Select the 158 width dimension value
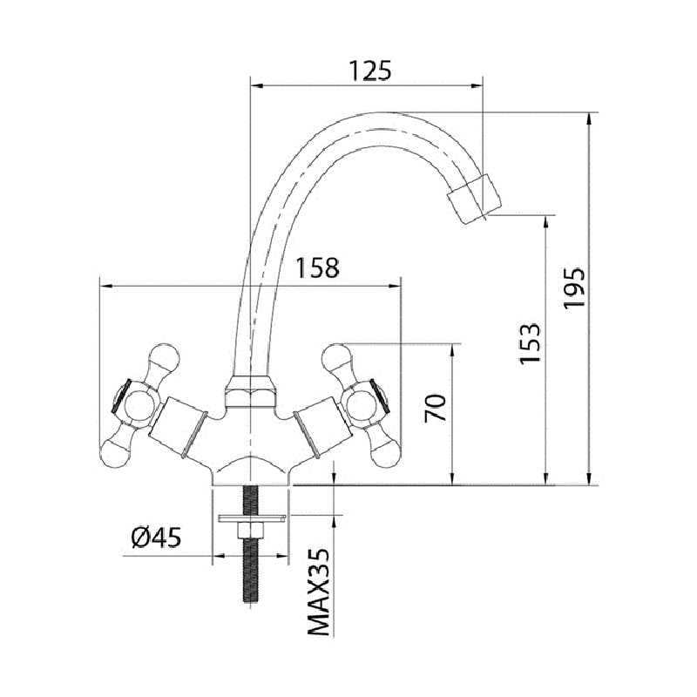coord(317,268)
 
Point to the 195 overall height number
coord(574,288)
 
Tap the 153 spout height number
coord(531,342)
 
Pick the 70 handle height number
coord(435,408)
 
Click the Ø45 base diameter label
coord(157,538)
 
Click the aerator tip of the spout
coord(474,199)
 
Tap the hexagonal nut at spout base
coord(251,391)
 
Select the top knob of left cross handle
coord(165,358)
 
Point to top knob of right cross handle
coord(336,358)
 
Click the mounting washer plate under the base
coord(251,518)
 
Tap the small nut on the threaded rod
coord(251,530)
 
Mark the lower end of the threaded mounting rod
coord(251,601)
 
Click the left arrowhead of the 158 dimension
coord(105,287)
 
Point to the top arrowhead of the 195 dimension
coord(590,119)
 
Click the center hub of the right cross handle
coord(362,405)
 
